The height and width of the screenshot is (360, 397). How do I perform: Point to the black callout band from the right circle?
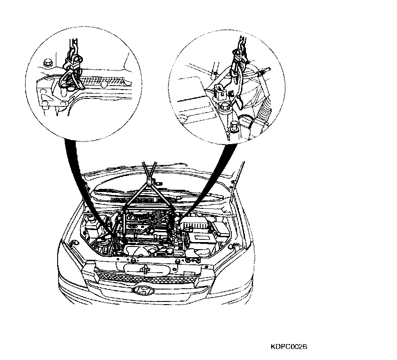pos(213,177)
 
